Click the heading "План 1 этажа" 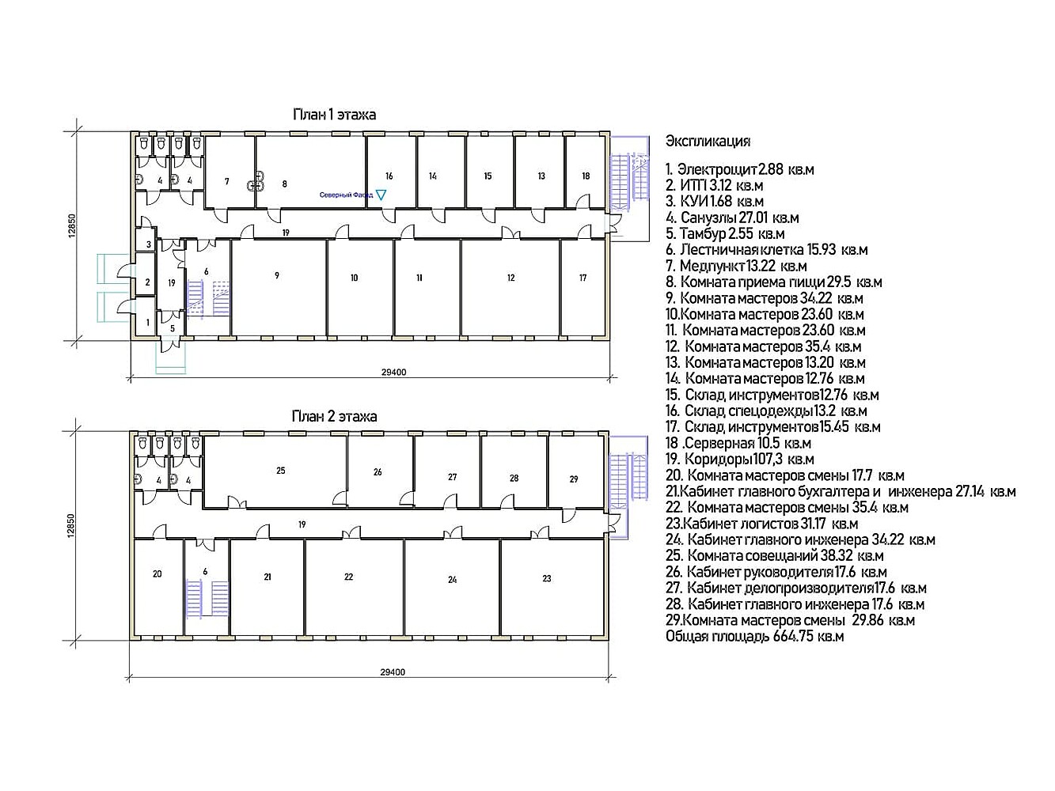click(334, 115)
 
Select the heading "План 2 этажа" click(334, 416)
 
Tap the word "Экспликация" click(708, 142)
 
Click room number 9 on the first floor click(277, 275)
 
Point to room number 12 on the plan click(511, 278)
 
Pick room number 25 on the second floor click(281, 471)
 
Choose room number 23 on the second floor click(546, 578)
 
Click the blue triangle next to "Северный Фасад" click(381, 195)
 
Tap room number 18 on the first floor click(586, 176)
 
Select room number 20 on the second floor click(157, 573)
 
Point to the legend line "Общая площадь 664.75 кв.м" click(754, 636)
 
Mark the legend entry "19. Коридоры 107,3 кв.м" click(740, 459)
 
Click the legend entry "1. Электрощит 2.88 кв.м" click(740, 169)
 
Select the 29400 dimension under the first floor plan click(393, 373)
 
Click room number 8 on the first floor click(285, 184)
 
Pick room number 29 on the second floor click(573, 479)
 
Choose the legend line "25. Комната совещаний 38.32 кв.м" click(775, 555)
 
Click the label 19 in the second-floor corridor click(302, 524)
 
